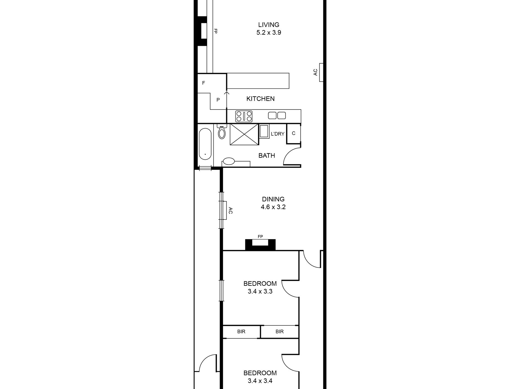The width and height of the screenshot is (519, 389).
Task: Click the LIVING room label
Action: point(269,25)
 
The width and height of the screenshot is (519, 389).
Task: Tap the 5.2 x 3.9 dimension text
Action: point(269,33)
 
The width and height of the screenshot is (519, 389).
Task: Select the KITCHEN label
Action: point(260,99)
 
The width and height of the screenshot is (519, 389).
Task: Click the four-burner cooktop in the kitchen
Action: point(244,116)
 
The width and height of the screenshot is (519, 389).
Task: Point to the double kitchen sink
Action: point(277,115)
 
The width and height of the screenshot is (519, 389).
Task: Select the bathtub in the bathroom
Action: point(205,144)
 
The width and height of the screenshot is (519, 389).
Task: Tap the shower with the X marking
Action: point(244,135)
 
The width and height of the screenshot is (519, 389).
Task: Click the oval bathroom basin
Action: point(229,162)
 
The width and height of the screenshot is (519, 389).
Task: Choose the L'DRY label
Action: point(278,134)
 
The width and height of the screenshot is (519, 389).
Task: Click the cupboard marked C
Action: point(294,133)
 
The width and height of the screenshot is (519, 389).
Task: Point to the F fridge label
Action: point(204,83)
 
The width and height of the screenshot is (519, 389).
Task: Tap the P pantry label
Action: point(218,100)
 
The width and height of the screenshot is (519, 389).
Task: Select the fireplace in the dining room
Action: point(260,245)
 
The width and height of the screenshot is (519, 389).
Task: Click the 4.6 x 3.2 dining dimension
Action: point(273,207)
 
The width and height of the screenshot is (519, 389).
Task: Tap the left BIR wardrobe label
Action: point(241,332)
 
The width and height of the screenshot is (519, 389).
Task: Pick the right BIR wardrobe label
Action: point(279,332)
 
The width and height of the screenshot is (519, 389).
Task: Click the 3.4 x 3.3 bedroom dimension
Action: point(260,292)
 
